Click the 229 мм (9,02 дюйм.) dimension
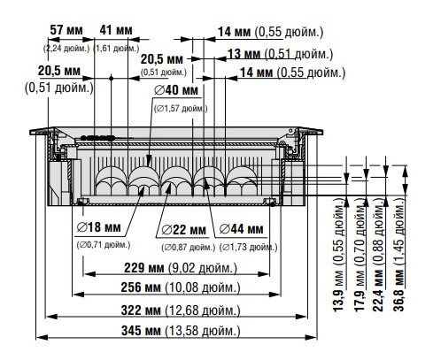click(x=194, y=267)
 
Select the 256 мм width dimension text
click(x=192, y=288)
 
